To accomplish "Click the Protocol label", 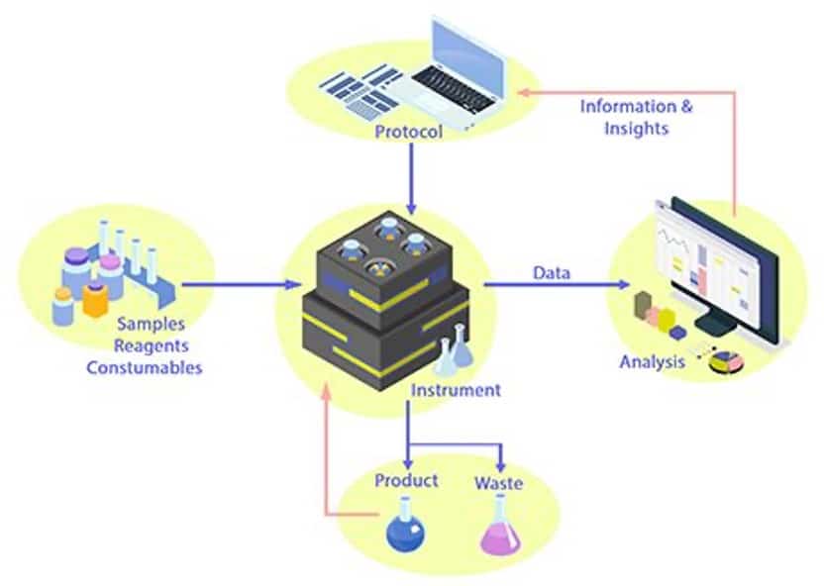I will pyautogui.click(x=408, y=132).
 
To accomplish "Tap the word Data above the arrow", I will pyautogui.click(x=551, y=272).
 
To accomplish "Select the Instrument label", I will pyautogui.click(x=456, y=390).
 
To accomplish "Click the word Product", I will pyautogui.click(x=406, y=480).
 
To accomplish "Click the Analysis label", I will pyautogui.click(x=652, y=361).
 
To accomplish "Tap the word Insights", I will pyautogui.click(x=637, y=129).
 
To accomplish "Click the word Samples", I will pyautogui.click(x=151, y=324).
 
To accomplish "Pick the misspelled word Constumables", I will pyautogui.click(x=145, y=367).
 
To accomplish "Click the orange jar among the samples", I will pyautogui.click(x=95, y=298).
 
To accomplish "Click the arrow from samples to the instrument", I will pyautogui.click(x=243, y=285).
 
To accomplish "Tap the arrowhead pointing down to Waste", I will pyautogui.click(x=500, y=465).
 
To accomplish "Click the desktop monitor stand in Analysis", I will pyautogui.click(x=711, y=323).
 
